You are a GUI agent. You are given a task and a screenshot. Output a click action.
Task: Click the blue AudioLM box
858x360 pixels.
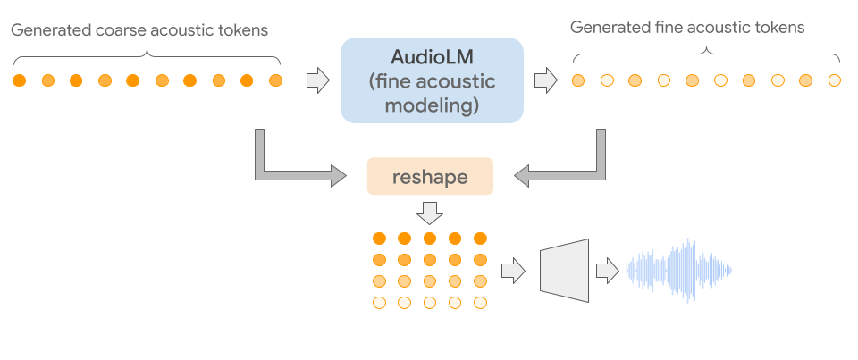pyautogui.click(x=432, y=80)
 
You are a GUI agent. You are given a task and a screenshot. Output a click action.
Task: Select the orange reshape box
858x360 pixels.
pyautogui.click(x=430, y=177)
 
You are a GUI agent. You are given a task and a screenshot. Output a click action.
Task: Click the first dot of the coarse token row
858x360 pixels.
pyautogui.click(x=19, y=81)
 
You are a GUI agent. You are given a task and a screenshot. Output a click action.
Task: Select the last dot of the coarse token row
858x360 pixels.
pyautogui.click(x=275, y=81)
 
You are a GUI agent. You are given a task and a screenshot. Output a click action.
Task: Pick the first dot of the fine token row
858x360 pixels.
pyautogui.click(x=578, y=81)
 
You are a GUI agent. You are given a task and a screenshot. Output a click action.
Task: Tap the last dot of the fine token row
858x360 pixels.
pyautogui.click(x=835, y=81)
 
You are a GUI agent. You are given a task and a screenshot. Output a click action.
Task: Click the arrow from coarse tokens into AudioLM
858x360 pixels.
pyautogui.click(x=316, y=80)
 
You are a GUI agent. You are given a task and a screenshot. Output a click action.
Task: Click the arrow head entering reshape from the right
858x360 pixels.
pyautogui.click(x=523, y=176)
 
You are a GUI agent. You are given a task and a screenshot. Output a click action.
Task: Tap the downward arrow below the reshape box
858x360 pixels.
pyautogui.click(x=430, y=213)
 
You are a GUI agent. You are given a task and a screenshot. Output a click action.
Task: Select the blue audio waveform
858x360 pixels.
pyautogui.click(x=679, y=269)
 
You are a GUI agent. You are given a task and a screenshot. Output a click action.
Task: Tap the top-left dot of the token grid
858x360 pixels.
pyautogui.click(x=379, y=239)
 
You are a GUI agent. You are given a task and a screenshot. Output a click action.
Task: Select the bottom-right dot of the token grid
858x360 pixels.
pyautogui.click(x=480, y=303)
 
